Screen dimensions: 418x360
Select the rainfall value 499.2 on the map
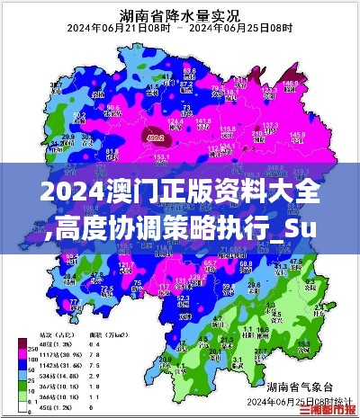pyautogui.click(x=155, y=138)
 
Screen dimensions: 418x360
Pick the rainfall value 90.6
pyautogui.click(x=112, y=107)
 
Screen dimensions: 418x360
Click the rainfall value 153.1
pyautogui.click(x=162, y=156)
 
